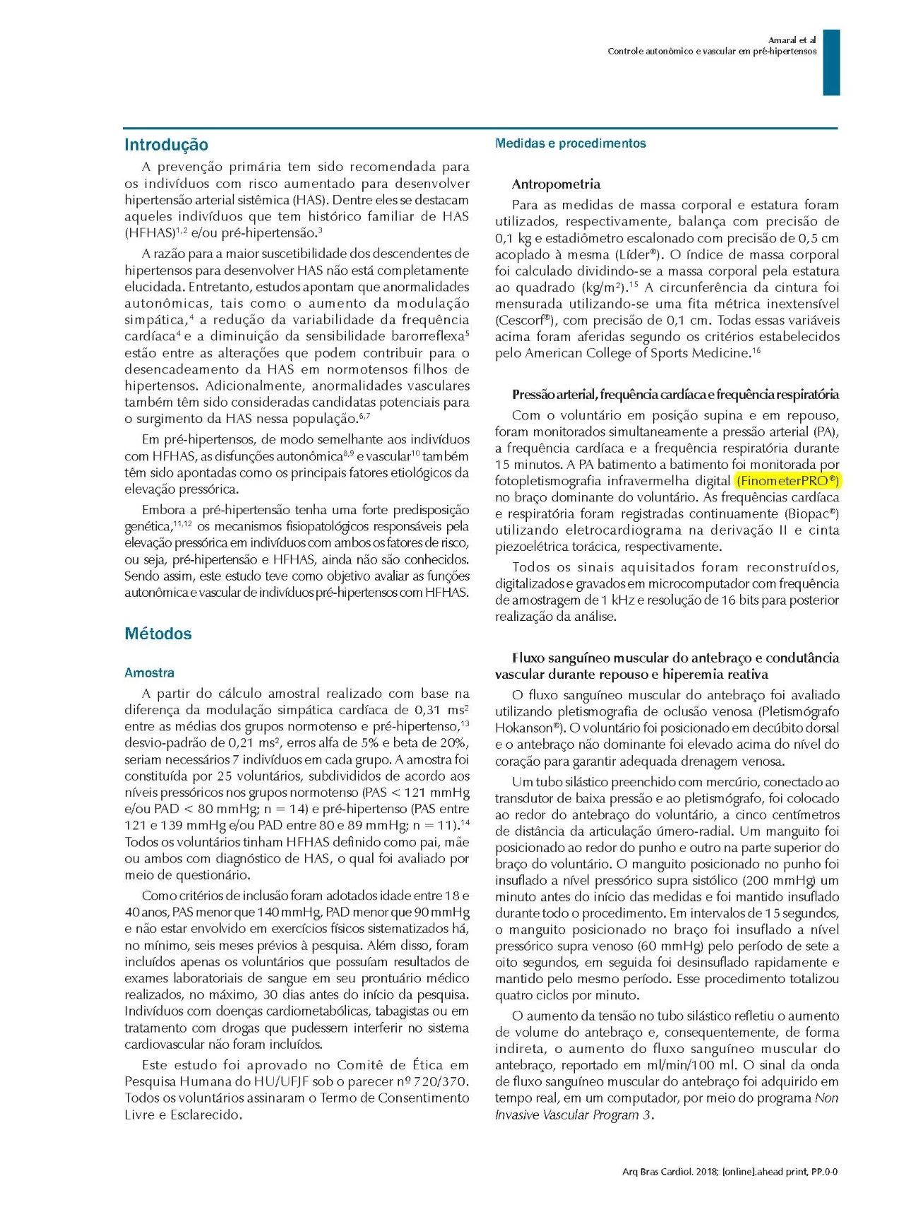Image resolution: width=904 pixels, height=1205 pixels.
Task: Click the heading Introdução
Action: pos(166,145)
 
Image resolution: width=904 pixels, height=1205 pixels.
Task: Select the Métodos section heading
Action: pos(158,634)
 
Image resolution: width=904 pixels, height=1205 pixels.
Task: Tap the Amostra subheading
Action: pos(149,672)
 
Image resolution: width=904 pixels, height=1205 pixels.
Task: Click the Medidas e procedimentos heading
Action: pos(570,143)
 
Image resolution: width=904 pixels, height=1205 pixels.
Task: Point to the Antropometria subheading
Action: pos(556,184)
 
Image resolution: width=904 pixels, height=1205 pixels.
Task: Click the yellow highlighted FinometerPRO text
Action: pos(787,481)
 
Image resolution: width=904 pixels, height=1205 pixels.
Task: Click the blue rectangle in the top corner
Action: pos(831,62)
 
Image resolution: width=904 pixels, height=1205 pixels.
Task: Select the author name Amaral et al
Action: pos(792,40)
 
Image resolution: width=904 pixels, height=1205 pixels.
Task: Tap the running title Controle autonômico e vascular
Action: pos(712,52)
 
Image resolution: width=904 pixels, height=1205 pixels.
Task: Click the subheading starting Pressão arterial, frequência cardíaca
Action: pos(675,394)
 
